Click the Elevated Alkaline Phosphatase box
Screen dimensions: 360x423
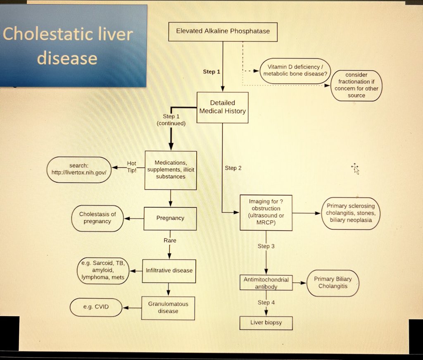223,31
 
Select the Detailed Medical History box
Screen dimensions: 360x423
222,107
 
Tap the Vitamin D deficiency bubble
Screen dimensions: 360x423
295,70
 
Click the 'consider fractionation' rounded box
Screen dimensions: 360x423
356,85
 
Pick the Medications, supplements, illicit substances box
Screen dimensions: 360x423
170,169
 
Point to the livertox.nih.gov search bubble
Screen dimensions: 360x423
79,169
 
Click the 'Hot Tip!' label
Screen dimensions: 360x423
131,167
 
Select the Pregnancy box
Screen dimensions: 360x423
170,218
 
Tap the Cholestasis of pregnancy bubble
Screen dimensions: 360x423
97,218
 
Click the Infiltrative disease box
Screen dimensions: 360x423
169,271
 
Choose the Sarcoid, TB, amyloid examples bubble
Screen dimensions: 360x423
103,271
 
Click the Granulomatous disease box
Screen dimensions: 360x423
168,308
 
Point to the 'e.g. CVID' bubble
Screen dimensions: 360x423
96,308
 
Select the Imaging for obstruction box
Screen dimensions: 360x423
266,212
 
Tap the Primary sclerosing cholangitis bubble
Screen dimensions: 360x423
351,213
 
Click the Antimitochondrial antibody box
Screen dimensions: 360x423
266,283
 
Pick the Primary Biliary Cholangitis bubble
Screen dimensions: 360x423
333,283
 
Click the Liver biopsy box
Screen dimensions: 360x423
266,322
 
